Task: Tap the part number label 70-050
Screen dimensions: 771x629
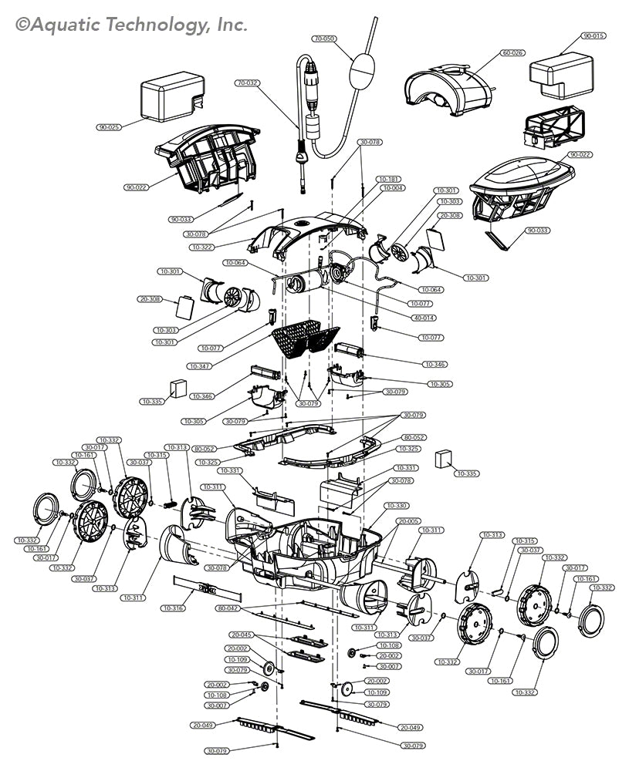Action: point(323,38)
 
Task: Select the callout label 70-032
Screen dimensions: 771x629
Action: point(247,82)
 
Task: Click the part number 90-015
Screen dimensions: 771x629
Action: point(594,36)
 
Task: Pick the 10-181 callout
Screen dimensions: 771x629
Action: point(388,179)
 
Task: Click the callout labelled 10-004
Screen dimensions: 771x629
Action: point(393,188)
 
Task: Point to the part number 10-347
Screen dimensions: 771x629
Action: point(199,365)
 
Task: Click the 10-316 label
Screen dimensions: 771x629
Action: point(173,608)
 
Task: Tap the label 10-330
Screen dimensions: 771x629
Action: point(397,506)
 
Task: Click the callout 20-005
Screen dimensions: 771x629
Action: point(409,522)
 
